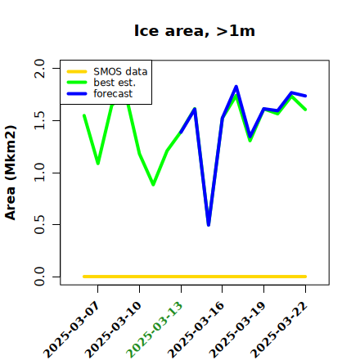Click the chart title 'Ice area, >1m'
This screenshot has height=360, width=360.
[195, 30]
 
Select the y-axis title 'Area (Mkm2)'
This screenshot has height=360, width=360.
[11, 173]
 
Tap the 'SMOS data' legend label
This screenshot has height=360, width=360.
[120, 71]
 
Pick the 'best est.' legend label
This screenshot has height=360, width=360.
[115, 83]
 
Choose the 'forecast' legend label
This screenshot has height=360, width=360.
[113, 93]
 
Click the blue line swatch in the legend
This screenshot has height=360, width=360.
[77, 94]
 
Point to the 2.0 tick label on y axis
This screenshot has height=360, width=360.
[39, 68]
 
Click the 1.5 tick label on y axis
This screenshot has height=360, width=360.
[39, 120]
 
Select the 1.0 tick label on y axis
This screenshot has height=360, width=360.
[39, 173]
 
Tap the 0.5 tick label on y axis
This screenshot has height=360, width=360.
[39, 225]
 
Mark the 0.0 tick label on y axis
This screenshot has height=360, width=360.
[39, 277]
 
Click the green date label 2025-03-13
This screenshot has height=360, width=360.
[155, 330]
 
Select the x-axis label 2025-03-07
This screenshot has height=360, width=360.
[71, 330]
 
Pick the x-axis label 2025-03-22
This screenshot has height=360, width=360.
[279, 330]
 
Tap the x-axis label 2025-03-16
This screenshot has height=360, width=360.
[196, 330]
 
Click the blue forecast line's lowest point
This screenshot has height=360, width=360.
[209, 225]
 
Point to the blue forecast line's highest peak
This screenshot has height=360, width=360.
[236, 87]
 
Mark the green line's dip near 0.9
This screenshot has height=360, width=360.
[153, 185]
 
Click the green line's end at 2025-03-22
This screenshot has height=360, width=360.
[305, 110]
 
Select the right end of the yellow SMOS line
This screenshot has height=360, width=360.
[305, 277]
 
